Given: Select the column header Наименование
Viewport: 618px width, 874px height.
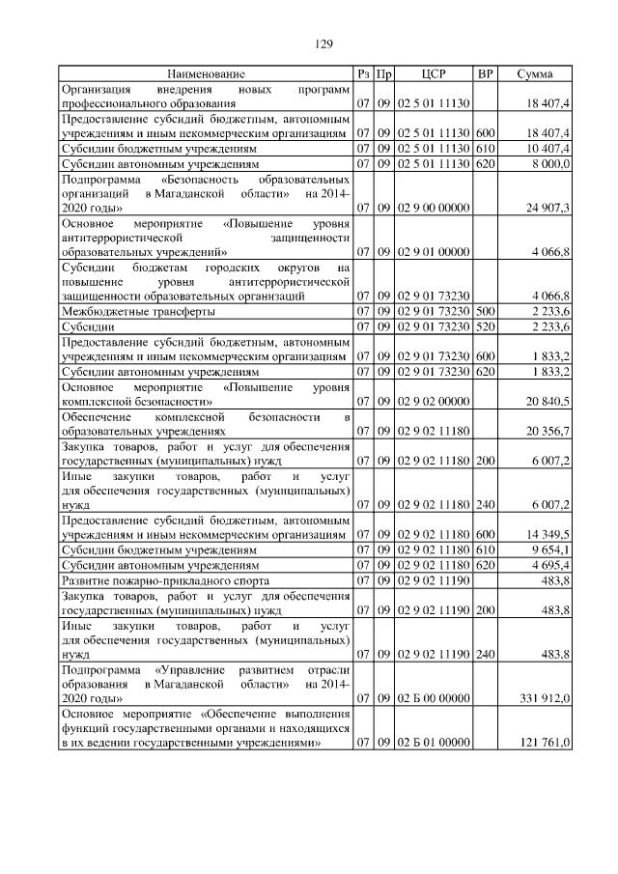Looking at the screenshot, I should tap(205, 73).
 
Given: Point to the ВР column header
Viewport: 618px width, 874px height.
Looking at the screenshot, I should tap(485, 73).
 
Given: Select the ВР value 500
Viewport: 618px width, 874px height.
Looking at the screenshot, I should tap(485, 312).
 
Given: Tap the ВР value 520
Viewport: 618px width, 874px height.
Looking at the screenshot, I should tap(485, 326).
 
